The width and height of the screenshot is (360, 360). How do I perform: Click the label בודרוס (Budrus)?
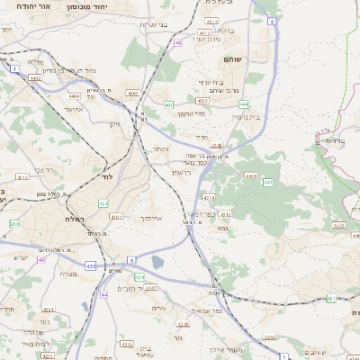point(330,140)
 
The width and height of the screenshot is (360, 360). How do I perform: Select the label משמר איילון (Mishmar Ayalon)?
point(225,349)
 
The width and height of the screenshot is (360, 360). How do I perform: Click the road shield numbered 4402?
point(60,79)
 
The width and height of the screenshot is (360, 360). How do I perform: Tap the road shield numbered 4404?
point(74,95)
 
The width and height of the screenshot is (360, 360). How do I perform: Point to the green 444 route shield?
point(245,104)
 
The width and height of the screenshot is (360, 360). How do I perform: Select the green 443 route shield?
point(268,182)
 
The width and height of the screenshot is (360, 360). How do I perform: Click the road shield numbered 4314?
point(210,197)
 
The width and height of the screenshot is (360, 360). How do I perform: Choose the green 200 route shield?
point(13,223)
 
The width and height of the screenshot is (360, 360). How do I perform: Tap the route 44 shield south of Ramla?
point(104,293)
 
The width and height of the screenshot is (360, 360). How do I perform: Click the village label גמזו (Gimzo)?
point(221,229)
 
